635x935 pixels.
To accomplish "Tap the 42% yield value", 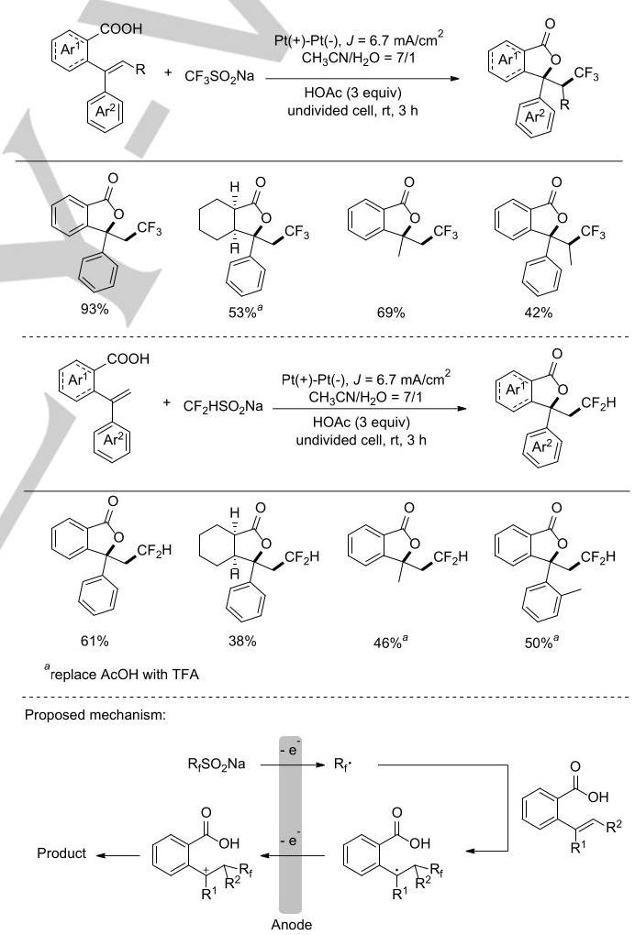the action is point(539,313).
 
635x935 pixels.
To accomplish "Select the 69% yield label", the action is point(391,313).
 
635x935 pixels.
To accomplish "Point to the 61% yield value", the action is point(95,641).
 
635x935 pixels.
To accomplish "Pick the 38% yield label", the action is point(242,641).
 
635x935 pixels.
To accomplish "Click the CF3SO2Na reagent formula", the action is point(219,76).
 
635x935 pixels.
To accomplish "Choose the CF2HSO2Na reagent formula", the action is point(223,407).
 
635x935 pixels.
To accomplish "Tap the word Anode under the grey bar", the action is point(291,924).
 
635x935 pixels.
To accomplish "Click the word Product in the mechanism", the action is point(61,853).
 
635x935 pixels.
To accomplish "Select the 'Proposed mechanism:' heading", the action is point(95,715).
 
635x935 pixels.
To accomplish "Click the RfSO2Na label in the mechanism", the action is point(217,764).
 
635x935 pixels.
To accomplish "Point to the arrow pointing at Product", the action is point(117,855).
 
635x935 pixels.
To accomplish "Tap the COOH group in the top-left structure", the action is point(122,28).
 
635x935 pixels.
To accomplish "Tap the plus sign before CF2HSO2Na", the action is point(166,402).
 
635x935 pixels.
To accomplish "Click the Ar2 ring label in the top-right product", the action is point(533,117).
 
